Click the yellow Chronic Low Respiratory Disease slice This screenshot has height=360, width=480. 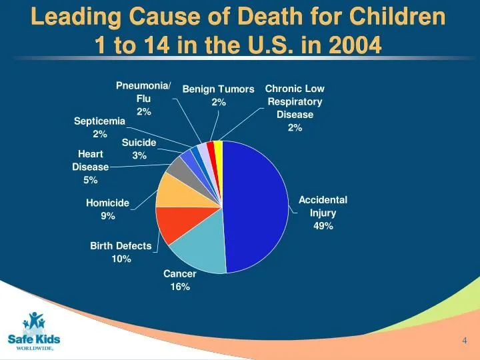coord(219,147)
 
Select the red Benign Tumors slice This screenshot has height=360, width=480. coord(211,147)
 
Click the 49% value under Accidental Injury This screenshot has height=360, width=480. coord(323,226)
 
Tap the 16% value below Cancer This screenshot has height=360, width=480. coord(180,287)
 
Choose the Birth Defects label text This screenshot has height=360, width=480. coord(121,246)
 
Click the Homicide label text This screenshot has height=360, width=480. coord(107,203)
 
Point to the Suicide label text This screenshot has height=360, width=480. coord(139,143)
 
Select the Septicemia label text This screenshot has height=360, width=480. coord(99,121)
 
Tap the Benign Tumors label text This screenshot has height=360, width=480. coord(219,89)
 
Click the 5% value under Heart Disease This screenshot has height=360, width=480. coord(91,180)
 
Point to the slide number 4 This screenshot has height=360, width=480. coord(464,341)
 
